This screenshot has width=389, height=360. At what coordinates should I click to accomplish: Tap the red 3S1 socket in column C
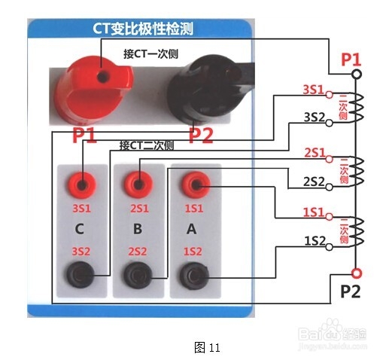[x=81, y=185]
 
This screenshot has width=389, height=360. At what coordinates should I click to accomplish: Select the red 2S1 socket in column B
[x=138, y=185]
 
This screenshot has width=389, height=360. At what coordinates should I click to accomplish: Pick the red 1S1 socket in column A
[x=196, y=185]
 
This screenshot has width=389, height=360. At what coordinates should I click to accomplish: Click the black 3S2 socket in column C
[x=81, y=275]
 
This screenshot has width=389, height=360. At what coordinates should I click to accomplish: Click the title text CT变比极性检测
[x=143, y=29]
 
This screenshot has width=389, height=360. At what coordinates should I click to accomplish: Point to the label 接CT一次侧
[x=150, y=53]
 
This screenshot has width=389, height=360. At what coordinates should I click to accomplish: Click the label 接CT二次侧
[x=147, y=145]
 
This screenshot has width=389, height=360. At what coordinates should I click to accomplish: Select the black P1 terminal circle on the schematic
[x=357, y=74]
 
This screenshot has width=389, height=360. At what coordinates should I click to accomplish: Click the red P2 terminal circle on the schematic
[x=357, y=273]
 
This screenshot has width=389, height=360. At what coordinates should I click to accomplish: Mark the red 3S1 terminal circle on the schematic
[x=330, y=95]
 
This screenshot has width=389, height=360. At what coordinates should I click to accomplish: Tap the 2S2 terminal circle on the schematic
[x=330, y=187]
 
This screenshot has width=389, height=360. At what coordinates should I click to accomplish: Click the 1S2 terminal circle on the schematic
[x=330, y=247]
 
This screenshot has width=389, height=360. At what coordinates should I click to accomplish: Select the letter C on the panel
[x=80, y=229]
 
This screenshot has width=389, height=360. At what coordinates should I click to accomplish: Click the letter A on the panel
[x=192, y=229]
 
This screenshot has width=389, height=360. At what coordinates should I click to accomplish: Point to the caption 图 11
[x=207, y=348]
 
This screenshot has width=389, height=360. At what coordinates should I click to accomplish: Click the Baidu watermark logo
[x=333, y=334]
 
